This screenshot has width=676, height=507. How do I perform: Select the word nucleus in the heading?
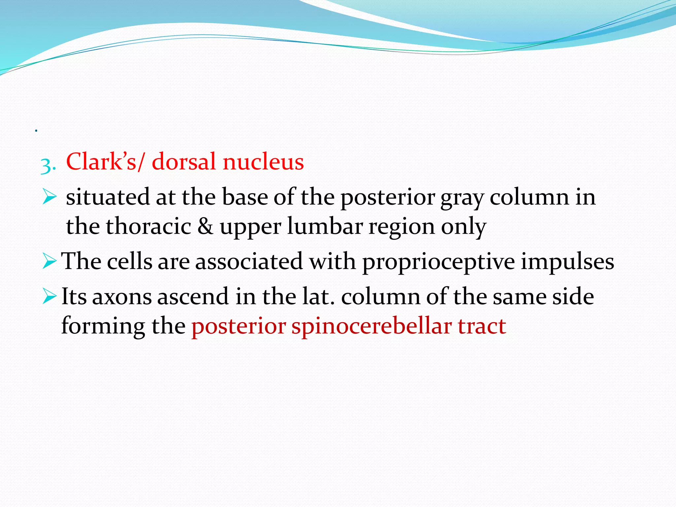click(x=263, y=162)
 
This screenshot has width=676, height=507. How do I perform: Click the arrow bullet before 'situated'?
click(x=50, y=197)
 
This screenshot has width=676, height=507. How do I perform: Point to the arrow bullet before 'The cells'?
click(x=50, y=261)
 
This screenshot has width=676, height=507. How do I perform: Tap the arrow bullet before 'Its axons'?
click(x=50, y=296)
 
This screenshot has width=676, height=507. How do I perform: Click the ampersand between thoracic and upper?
click(x=205, y=226)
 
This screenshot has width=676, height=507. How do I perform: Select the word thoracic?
click(x=148, y=226)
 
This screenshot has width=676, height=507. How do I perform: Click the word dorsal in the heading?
click(x=184, y=162)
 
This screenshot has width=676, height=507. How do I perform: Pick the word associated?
click(x=249, y=261)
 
